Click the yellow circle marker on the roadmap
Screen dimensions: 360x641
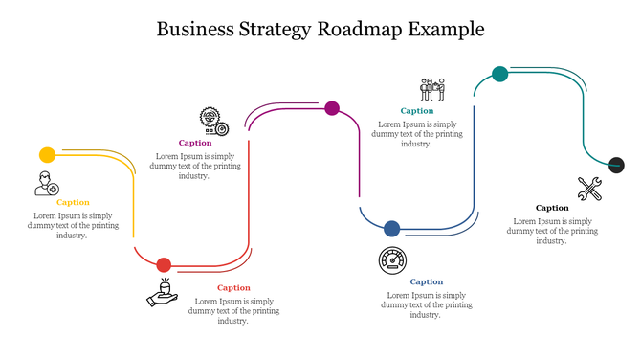47,155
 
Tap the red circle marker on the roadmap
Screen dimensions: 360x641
164,265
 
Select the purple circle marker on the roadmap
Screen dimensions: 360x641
332,108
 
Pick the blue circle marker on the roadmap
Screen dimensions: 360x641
391,229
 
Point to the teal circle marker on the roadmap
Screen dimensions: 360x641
499,74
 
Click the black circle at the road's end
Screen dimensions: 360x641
617,164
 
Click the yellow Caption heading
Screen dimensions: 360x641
73,202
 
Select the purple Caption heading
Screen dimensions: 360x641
195,143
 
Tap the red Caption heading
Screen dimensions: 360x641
233,287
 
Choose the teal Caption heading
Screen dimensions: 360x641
417,111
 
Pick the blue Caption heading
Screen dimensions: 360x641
427,281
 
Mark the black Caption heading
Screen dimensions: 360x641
552,208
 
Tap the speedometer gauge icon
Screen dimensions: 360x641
392,260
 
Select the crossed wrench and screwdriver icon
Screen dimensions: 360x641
589,189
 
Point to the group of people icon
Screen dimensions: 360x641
432,89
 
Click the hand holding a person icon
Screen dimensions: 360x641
164,293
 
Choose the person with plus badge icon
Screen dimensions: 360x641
46,183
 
